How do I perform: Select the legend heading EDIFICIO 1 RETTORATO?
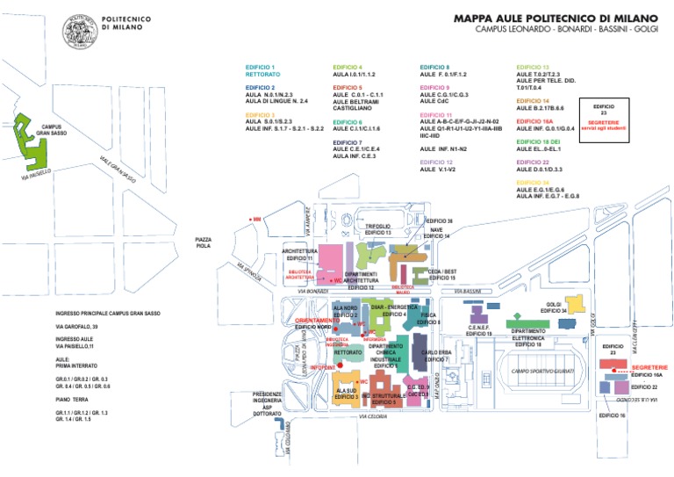[262, 71]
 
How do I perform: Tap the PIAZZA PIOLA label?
[204, 242]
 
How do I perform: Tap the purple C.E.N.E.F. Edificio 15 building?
[478, 314]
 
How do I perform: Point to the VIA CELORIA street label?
[373, 417]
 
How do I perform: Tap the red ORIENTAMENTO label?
[316, 321]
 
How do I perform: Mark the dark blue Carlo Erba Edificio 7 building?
[417, 343]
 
